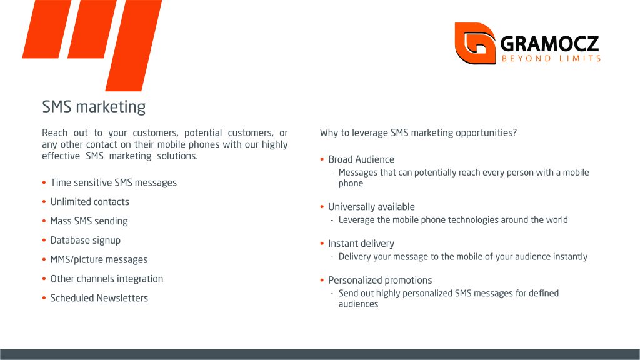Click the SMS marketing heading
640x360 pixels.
94,107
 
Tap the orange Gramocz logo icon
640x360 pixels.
475,43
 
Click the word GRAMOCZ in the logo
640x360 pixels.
549,44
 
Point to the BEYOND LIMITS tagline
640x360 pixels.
551,59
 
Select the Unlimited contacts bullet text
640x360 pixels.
89,202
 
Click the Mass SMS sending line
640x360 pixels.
89,221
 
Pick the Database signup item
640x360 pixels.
85,241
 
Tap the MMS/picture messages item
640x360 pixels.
99,259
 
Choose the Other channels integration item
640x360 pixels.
106,279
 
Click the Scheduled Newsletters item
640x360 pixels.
99,298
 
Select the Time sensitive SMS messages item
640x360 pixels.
114,182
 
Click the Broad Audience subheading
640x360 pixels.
361,159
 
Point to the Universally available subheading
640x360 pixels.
371,207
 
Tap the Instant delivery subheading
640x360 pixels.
361,244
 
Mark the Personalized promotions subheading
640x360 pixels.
380,281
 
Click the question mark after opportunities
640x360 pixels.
514,132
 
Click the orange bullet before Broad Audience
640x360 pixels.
322,159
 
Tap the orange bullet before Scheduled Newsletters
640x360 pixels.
44,298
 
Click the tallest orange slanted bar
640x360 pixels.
134,45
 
